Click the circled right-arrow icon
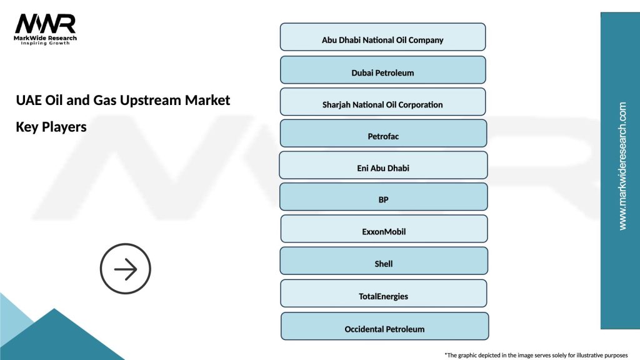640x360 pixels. pos(126,269)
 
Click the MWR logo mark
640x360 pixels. pos(45,23)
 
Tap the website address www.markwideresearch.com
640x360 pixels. pos(622,166)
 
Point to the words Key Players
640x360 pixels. pos(51,127)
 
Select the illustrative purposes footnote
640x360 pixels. pos(536,354)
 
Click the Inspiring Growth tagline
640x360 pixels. pos(46,43)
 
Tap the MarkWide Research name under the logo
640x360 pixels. pos(46,37)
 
